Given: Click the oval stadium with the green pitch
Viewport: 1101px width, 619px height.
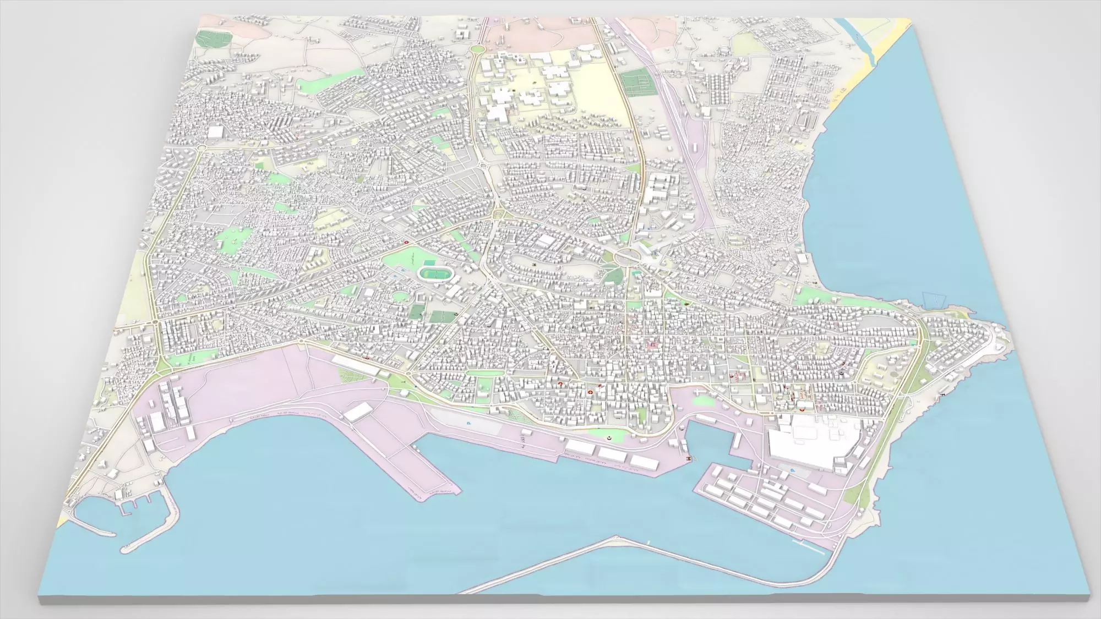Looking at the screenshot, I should pyautogui.click(x=433, y=273).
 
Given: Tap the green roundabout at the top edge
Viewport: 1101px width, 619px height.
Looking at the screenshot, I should pyautogui.click(x=477, y=50).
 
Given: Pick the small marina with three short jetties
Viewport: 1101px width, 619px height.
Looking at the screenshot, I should pyautogui.click(x=132, y=503).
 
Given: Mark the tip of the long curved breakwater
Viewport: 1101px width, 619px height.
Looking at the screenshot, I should pyautogui.click(x=615, y=538).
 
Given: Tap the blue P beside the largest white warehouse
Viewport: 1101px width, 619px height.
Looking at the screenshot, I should pyautogui.click(x=793, y=470).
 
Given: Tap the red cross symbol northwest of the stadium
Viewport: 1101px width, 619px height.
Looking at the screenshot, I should pyautogui.click(x=406, y=242).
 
